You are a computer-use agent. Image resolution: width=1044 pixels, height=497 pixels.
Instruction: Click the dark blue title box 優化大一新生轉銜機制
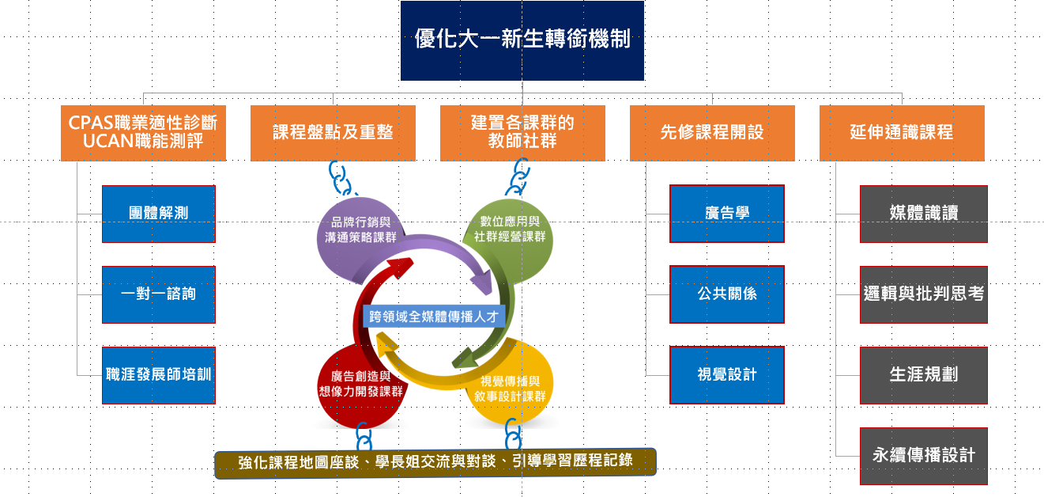coord(522,40)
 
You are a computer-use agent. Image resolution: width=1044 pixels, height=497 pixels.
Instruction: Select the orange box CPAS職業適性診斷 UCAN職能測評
coord(143,133)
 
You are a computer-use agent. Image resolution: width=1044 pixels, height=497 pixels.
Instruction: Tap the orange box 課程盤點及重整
coord(333,133)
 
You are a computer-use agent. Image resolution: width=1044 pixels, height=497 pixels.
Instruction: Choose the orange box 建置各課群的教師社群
coord(522,133)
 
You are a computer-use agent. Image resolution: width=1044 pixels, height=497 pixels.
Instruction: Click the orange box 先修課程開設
coord(712,133)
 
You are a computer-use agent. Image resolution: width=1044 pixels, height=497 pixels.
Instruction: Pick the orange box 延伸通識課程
coord(902,133)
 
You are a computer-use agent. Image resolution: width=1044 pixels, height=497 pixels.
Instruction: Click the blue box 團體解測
coord(159,214)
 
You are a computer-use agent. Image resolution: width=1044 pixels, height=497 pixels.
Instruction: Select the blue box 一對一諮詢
coord(159,294)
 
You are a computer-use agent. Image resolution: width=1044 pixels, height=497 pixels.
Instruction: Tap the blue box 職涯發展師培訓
coord(159,375)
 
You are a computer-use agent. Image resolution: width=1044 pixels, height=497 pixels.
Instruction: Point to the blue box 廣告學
coord(727,214)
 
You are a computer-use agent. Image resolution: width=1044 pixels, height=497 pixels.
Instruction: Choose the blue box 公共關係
coord(727,294)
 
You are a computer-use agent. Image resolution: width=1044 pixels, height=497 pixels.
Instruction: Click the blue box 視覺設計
coord(727,375)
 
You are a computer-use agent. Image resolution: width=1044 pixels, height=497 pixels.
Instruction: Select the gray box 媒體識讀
coord(924,214)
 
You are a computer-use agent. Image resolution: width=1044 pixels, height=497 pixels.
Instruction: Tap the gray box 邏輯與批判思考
coord(924,294)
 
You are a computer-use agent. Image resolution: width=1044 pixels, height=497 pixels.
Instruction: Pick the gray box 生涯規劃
coord(924,375)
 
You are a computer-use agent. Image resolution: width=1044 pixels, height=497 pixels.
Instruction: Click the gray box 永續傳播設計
coord(924,456)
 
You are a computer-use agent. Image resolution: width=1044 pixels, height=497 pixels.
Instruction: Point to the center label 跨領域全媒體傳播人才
coord(434,315)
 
